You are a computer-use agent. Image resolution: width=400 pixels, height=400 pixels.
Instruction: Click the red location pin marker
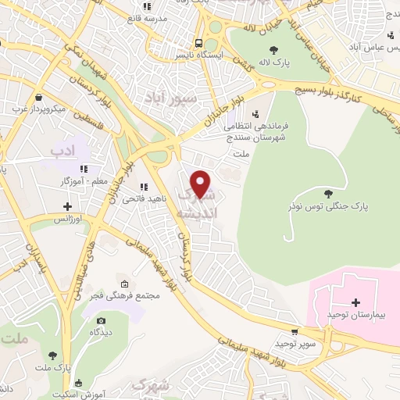202,184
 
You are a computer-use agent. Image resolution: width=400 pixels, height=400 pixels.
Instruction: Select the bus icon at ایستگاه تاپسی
199,44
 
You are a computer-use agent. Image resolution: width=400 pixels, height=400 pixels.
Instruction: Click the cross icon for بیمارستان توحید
355,302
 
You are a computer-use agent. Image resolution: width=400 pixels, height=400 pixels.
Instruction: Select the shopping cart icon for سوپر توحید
294,331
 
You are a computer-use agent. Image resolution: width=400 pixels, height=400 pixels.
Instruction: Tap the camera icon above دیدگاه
100,320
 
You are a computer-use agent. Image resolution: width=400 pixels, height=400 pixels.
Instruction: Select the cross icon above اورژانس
68,207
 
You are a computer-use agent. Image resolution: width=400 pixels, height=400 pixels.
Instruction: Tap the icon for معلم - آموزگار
83,169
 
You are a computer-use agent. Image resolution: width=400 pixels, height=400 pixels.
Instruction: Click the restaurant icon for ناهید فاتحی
142,187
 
